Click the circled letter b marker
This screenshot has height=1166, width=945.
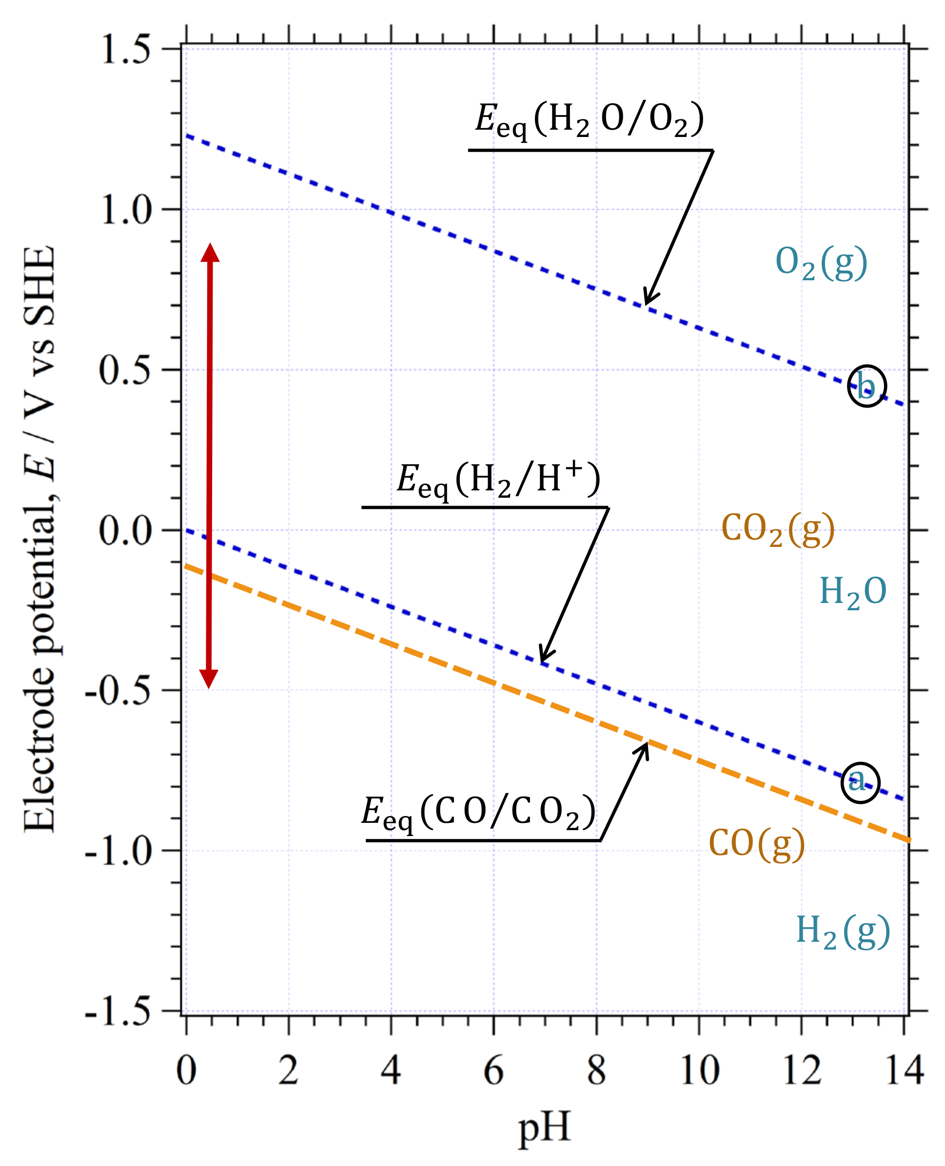click(x=866, y=386)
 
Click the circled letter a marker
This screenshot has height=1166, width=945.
click(x=860, y=782)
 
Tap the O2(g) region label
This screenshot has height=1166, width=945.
click(x=821, y=263)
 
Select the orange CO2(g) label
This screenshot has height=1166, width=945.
click(x=778, y=529)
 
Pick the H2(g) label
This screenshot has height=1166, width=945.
click(x=843, y=932)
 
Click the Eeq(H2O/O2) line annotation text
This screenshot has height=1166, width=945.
click(x=590, y=121)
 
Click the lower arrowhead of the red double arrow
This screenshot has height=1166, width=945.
click(x=209, y=678)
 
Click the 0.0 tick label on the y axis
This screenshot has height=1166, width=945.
click(x=125, y=530)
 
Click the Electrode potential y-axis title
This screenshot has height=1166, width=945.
click(x=39, y=539)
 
